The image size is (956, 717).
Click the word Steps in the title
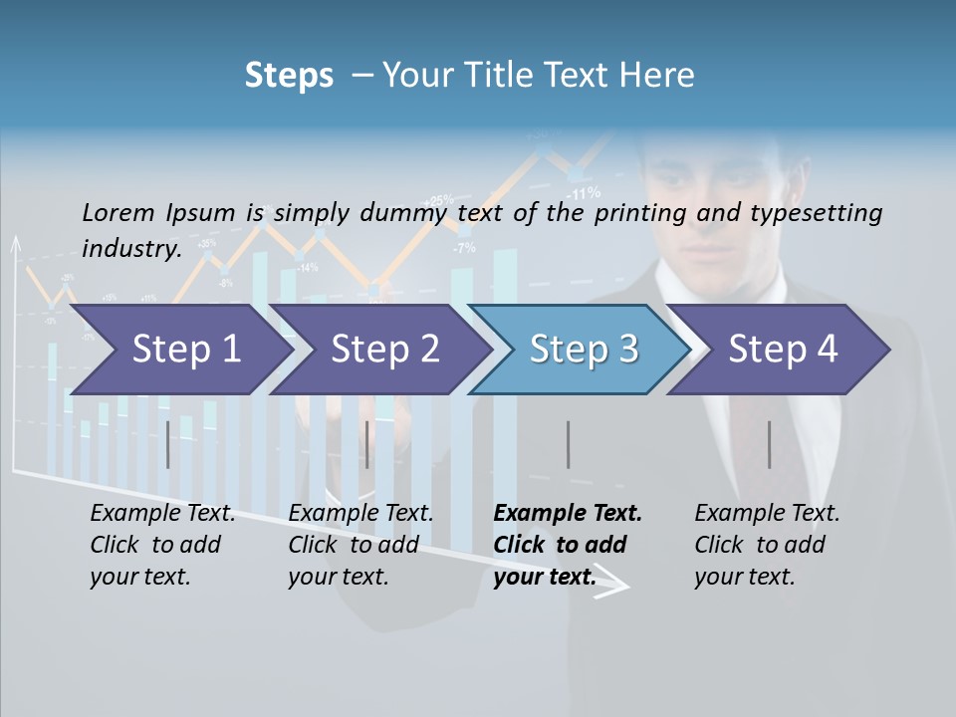coord(289,75)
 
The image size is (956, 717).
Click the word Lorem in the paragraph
coord(119,212)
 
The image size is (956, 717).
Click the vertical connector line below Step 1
coord(168,444)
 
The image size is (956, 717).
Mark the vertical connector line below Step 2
coord(367,444)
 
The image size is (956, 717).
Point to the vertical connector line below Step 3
coord(568,444)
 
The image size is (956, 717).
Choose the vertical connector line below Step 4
coord(769,444)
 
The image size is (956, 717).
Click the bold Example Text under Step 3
coord(568,514)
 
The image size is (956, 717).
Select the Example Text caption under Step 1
coord(162,514)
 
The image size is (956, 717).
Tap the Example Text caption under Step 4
coord(767,514)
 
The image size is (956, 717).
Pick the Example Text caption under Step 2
coord(360,514)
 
